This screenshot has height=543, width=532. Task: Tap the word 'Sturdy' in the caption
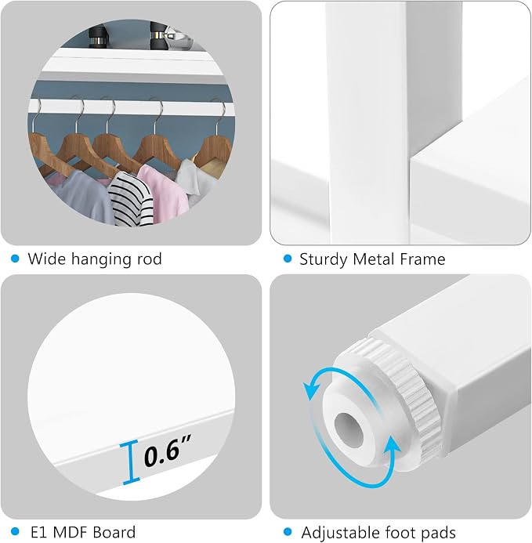323,259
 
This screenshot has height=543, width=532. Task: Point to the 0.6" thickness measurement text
168,451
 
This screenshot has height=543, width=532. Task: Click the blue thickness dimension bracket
130,462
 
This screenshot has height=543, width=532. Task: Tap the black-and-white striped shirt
131,199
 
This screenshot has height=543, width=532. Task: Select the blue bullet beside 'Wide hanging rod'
15,259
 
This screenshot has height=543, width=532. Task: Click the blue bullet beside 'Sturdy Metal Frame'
288,259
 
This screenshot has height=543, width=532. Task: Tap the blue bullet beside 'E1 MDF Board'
15,531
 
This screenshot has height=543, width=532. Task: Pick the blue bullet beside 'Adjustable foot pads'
288,531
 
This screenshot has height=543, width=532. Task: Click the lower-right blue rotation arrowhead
391,447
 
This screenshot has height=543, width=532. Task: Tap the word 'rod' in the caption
150,259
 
